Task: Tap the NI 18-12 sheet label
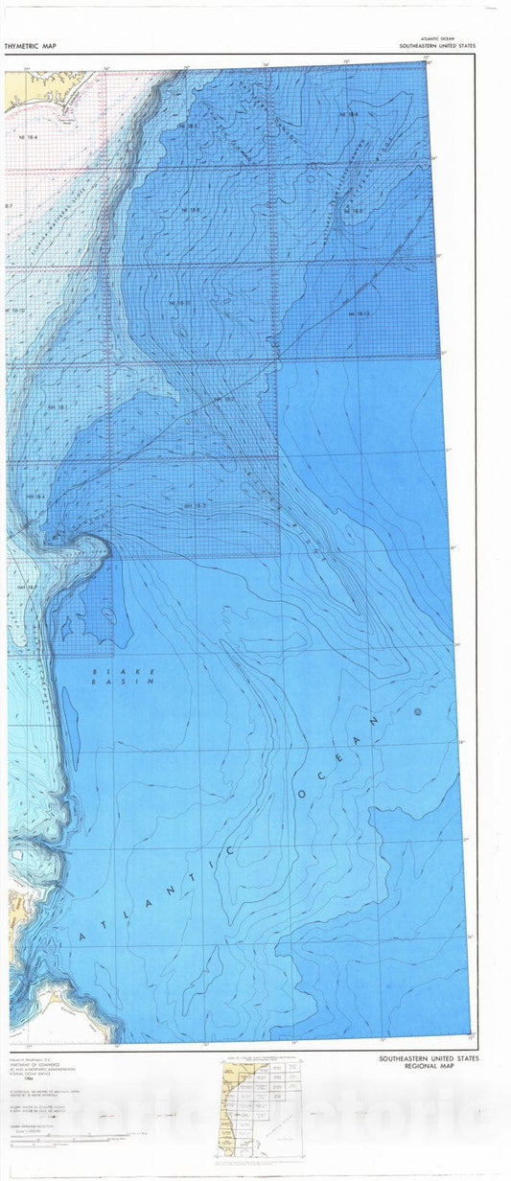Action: click(360, 313)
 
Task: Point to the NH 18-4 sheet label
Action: click(35, 497)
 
